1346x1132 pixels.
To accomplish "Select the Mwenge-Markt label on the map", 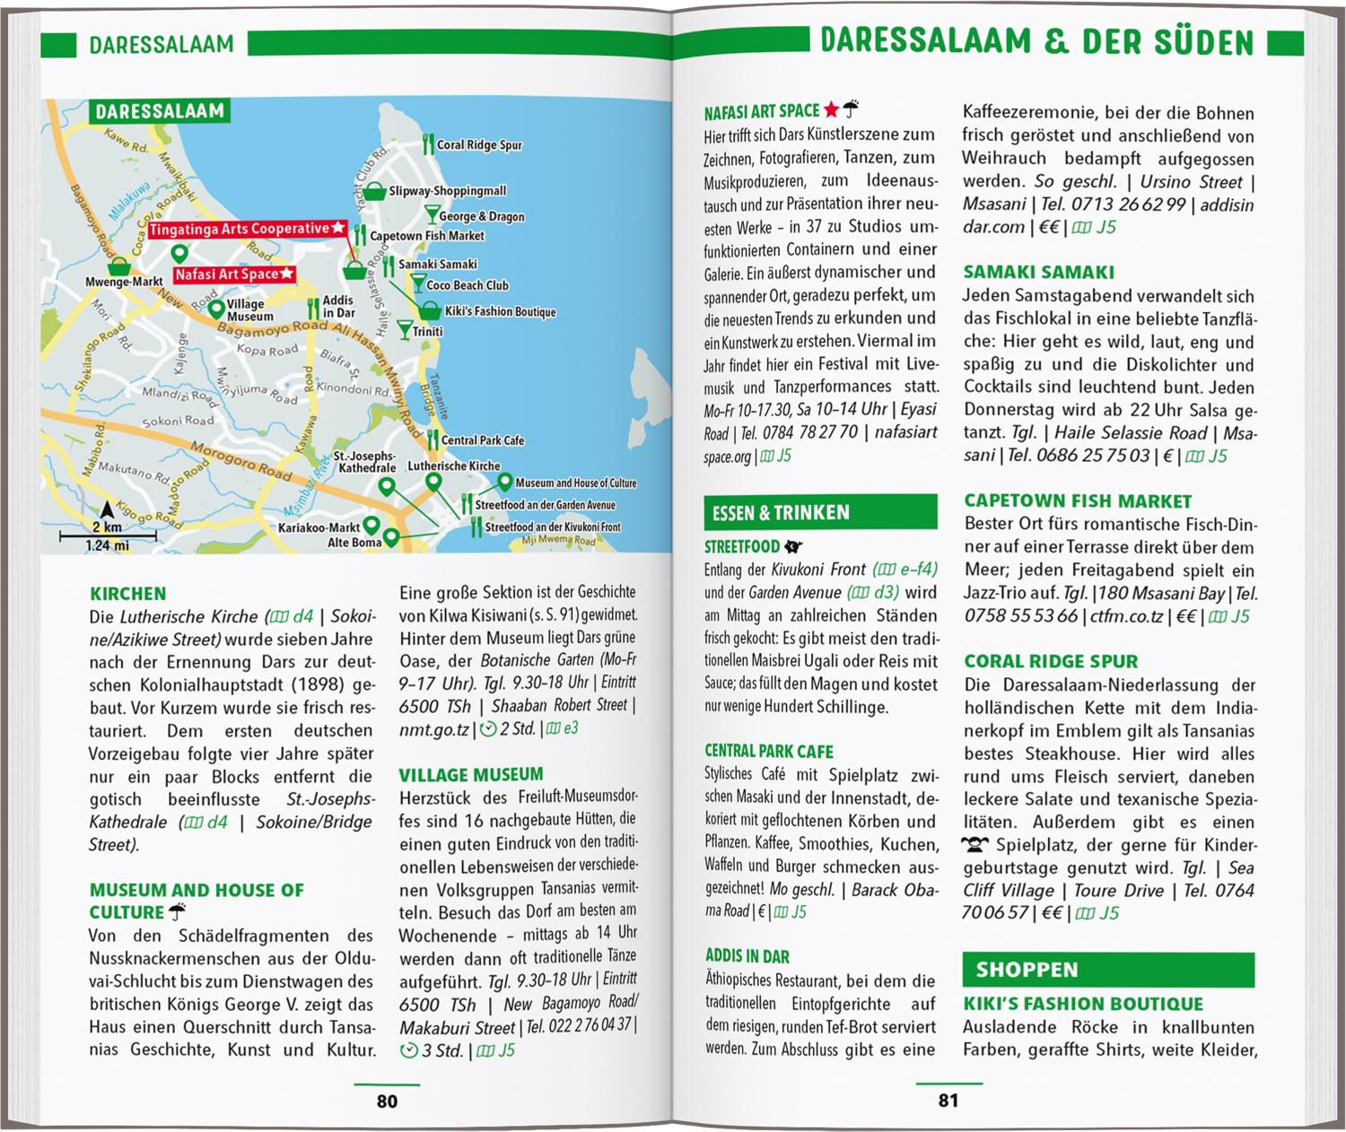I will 124,282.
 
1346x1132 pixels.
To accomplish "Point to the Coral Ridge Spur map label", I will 478,145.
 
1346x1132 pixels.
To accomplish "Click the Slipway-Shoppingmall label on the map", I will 447,191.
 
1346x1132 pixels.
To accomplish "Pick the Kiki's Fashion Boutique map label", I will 500,312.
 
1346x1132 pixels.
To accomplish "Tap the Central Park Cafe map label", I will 482,440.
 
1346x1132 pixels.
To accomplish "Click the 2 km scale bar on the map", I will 108,536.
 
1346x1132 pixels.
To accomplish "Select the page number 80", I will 387,1101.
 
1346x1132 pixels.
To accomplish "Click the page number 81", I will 948,1101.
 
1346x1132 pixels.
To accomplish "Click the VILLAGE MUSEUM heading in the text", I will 471,775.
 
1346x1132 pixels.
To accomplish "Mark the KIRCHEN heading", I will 127,594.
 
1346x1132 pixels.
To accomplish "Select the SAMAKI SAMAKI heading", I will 1026,273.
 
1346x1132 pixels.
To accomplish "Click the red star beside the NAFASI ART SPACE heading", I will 831,110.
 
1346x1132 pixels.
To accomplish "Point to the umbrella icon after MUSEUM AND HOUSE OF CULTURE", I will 178,912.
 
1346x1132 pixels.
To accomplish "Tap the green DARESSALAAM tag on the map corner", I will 160,112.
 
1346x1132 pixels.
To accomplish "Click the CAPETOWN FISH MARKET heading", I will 1077,501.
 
